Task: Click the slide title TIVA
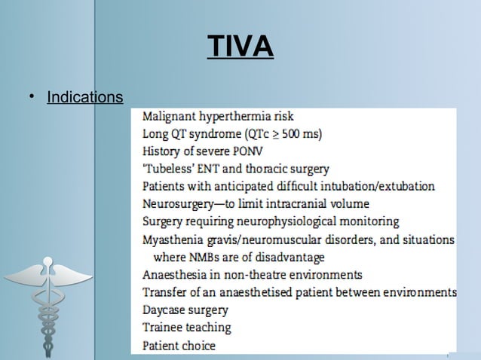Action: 240,47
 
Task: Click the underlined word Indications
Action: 84,98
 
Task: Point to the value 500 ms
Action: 297,134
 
